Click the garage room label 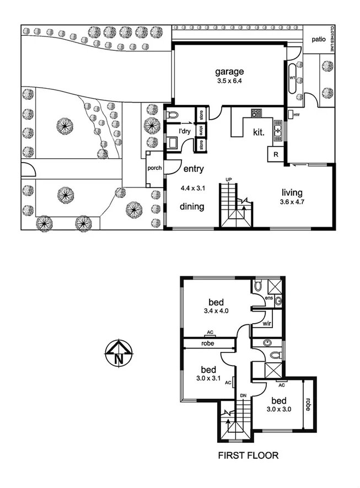[229, 72]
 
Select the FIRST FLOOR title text [248, 455]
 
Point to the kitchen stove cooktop [256, 113]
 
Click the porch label [155, 168]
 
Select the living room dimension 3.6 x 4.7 [292, 202]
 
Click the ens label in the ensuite [269, 298]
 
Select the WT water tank [292, 78]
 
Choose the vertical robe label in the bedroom [309, 405]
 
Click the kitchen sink [278, 131]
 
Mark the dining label [192, 207]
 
